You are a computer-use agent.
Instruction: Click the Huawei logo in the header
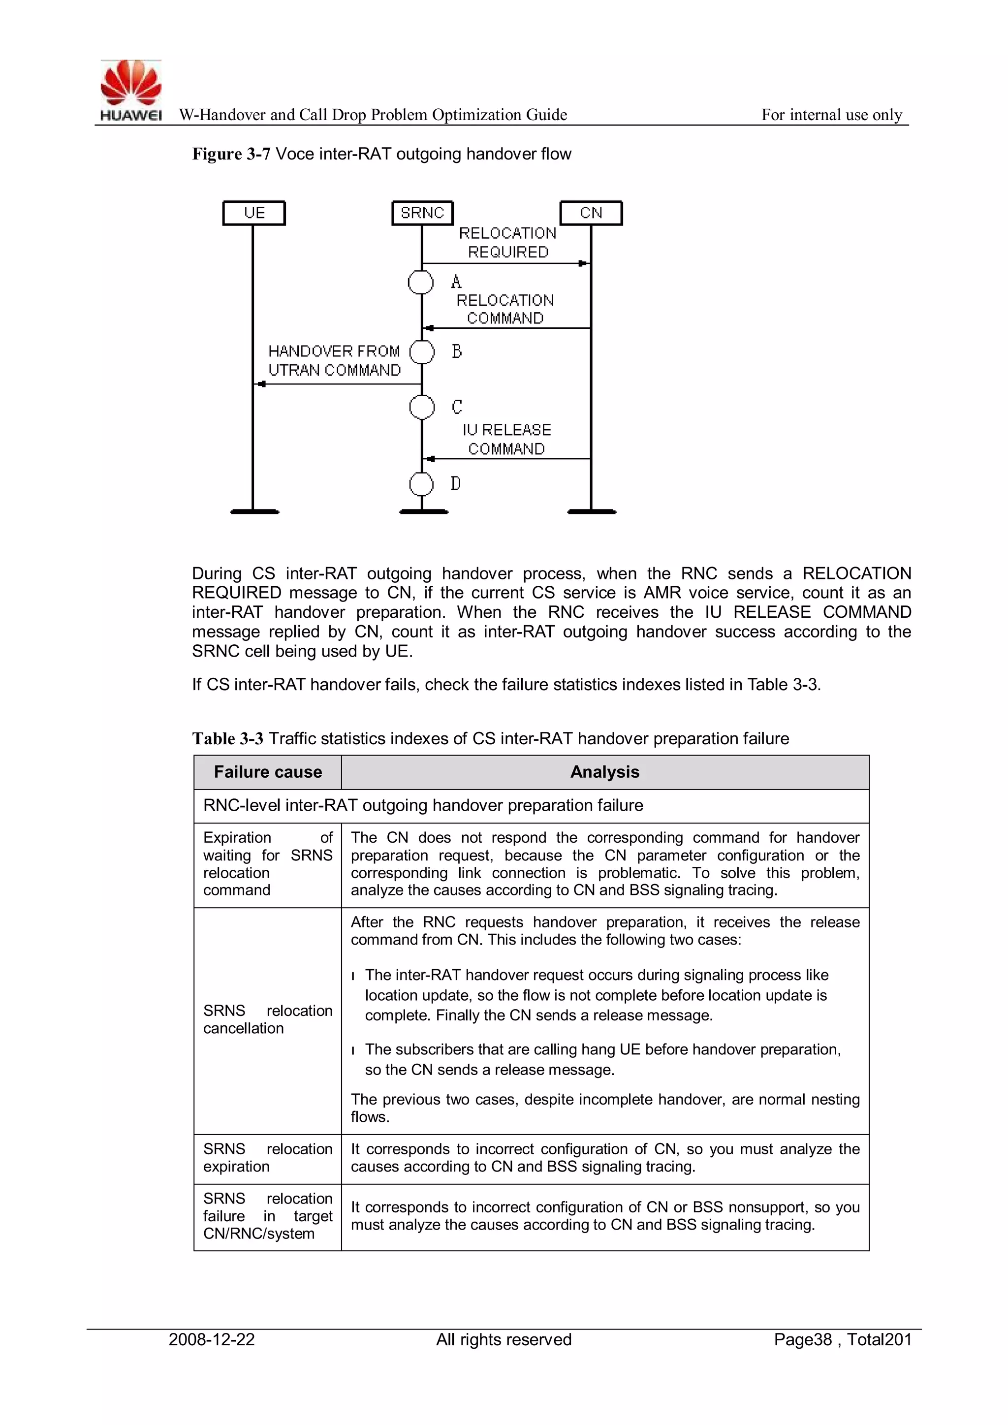[x=131, y=90]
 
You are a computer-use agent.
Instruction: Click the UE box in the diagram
[x=254, y=213]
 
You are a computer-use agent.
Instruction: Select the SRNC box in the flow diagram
[x=423, y=213]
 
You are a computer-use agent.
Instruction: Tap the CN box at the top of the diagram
[x=591, y=213]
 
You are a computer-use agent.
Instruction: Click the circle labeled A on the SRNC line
[x=421, y=283]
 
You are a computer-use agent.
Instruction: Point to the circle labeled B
[x=422, y=352]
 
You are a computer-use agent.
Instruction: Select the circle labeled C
[x=422, y=407]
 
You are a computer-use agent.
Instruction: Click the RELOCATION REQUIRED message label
[x=508, y=243]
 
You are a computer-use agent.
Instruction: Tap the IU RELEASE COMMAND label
[x=506, y=440]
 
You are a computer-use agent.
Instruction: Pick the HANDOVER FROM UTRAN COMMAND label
[x=335, y=361]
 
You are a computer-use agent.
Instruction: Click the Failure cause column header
[x=268, y=772]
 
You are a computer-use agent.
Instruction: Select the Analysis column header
[x=604, y=772]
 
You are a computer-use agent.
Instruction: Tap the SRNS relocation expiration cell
[x=268, y=1158]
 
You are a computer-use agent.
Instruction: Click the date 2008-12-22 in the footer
[x=212, y=1339]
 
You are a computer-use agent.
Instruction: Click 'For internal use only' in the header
[x=832, y=115]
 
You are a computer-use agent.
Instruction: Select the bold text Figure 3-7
[x=231, y=154]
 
